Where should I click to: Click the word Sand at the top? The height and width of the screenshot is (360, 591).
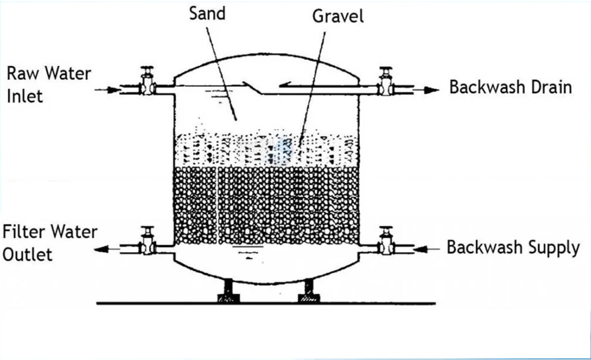[x=208, y=13]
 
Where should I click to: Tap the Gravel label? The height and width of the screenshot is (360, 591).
[x=338, y=16]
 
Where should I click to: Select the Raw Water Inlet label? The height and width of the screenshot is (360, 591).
[x=48, y=84]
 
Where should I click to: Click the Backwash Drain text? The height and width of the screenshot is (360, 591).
[x=511, y=87]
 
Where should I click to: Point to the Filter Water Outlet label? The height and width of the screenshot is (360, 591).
[x=50, y=243]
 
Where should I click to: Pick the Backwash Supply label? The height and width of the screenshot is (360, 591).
[x=513, y=247]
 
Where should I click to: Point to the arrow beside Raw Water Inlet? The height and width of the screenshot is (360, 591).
[x=107, y=90]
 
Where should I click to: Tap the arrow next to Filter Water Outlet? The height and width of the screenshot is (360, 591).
[x=106, y=249]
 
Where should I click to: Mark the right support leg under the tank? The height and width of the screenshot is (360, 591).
[x=308, y=291]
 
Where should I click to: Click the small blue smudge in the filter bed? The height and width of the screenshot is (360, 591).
[x=282, y=146]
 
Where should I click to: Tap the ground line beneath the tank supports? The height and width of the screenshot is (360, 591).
[x=265, y=303]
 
